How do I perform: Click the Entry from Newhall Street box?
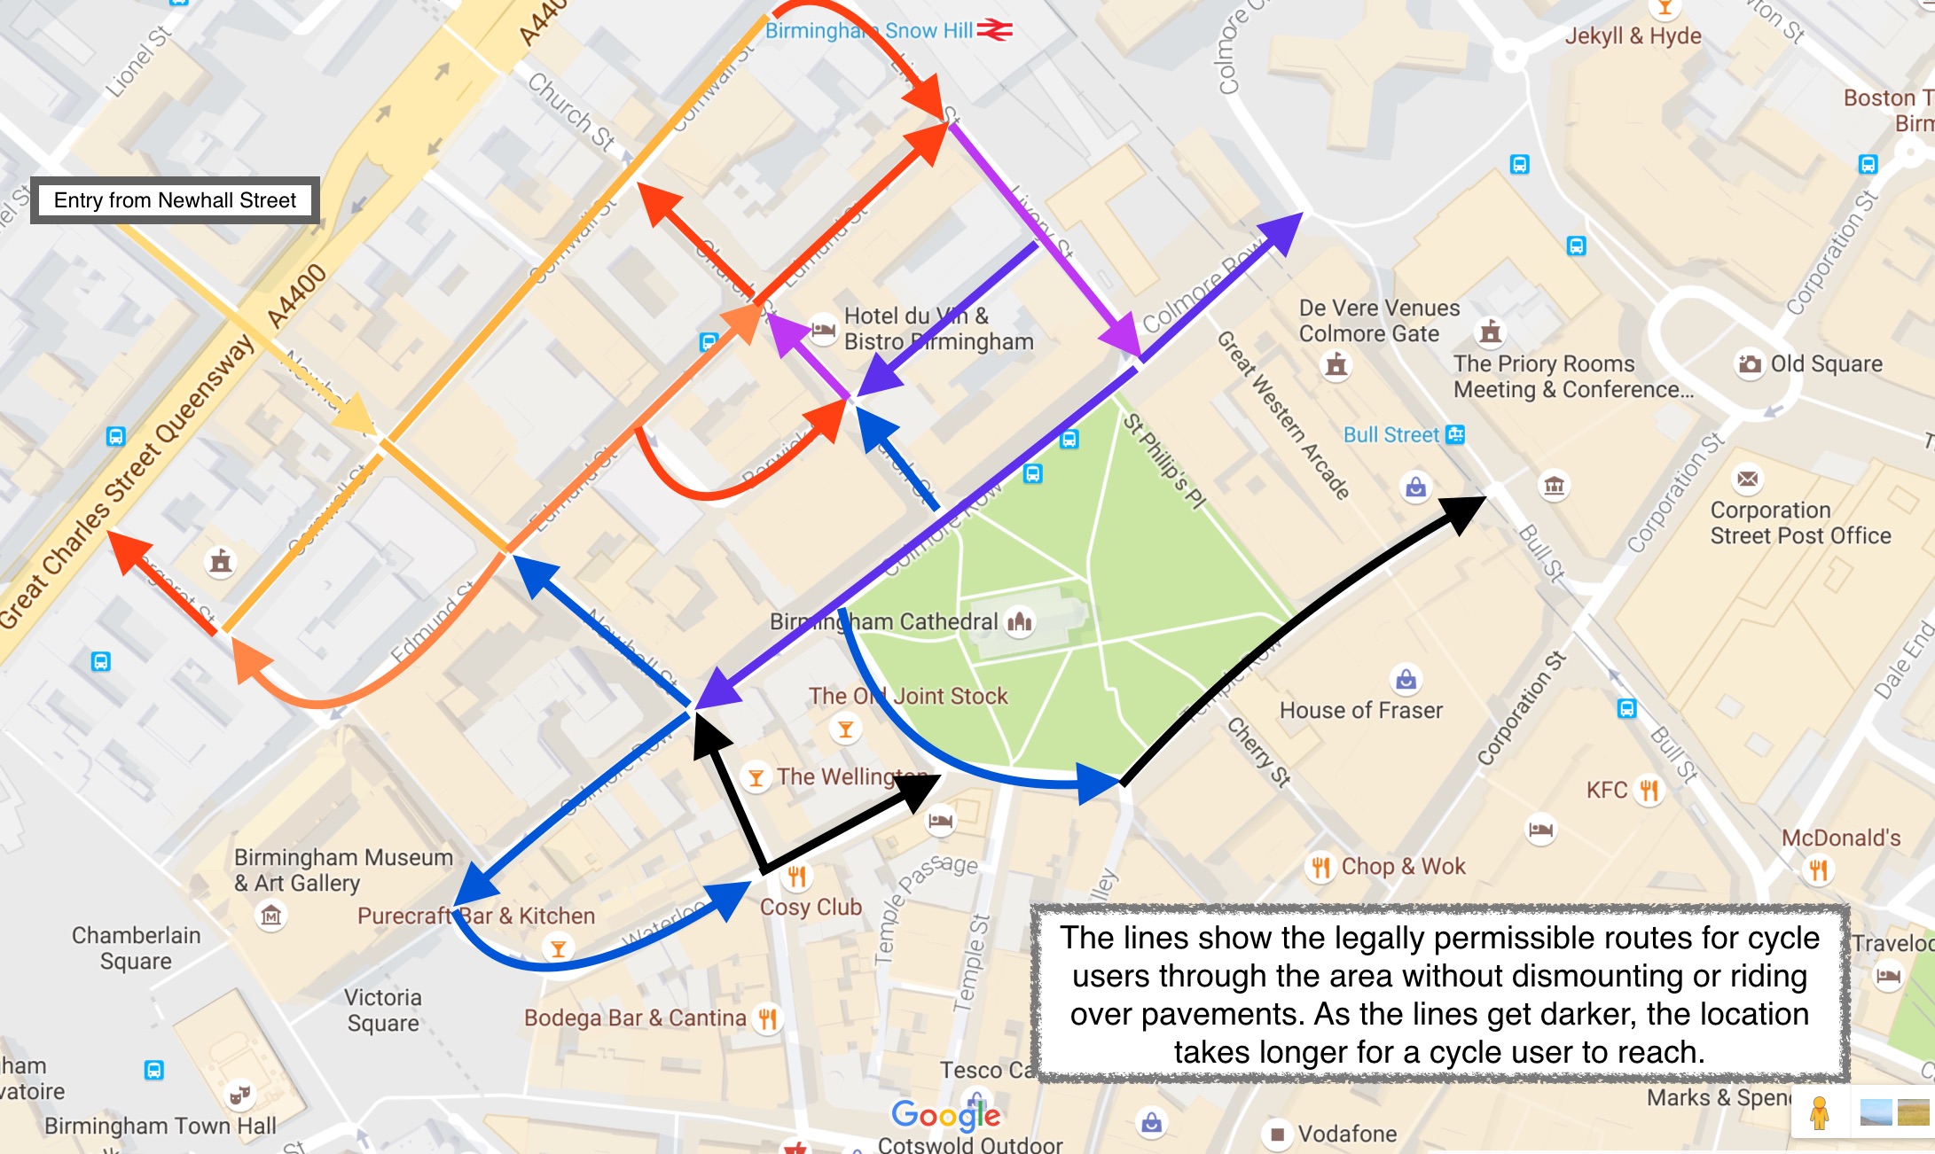(175, 200)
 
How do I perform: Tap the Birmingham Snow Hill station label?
(869, 31)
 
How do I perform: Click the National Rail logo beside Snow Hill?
(995, 30)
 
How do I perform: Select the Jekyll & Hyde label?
(1633, 36)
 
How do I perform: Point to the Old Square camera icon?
(1749, 364)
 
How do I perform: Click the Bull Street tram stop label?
(1391, 435)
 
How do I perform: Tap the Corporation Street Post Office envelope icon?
(1747, 480)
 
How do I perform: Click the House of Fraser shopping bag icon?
(1406, 680)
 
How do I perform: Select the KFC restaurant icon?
(1649, 790)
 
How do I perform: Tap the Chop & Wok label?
(1403, 866)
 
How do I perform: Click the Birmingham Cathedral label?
(883, 622)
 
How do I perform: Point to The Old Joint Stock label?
(908, 696)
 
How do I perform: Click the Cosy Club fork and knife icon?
(796, 877)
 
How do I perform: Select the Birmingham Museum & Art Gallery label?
(343, 869)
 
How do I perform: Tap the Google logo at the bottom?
(945, 1115)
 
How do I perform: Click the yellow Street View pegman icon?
(1819, 1113)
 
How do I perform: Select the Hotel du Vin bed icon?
(823, 329)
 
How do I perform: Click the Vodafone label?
(1347, 1134)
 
